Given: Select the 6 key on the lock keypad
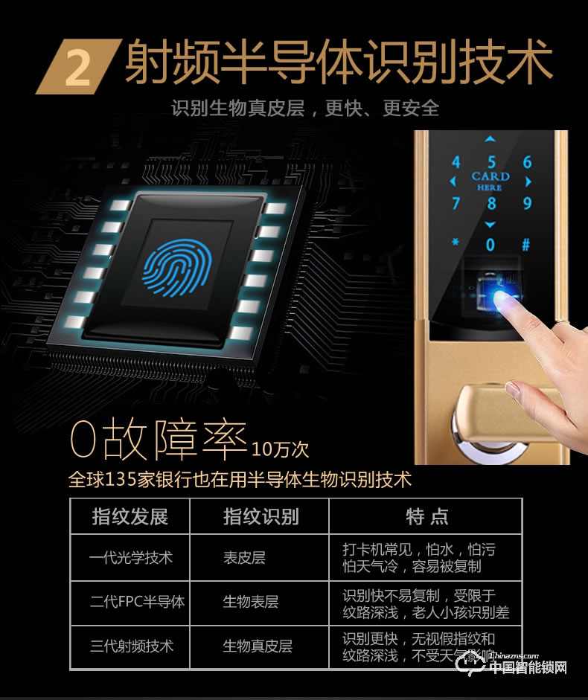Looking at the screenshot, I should tap(527, 163).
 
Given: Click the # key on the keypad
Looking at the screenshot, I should tap(526, 244).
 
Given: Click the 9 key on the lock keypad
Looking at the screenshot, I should tap(527, 203).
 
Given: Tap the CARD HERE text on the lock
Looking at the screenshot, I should tap(490, 182).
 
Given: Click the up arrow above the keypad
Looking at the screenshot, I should tap(490, 139).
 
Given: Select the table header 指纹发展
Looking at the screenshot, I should tap(130, 516).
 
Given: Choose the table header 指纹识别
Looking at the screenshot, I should tap(261, 516).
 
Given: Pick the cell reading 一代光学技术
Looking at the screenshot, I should tap(130, 557).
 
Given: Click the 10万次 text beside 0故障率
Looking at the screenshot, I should tap(280, 449).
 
